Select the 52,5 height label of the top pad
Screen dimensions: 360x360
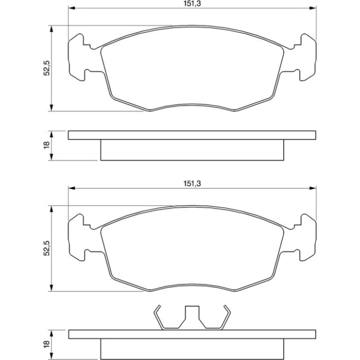pyautogui.click(x=47, y=68)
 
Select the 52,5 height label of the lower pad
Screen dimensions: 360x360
pyautogui.click(x=47, y=248)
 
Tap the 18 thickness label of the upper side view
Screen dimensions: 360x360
pyautogui.click(x=47, y=145)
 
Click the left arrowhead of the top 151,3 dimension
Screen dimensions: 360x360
pyautogui.click(x=72, y=8)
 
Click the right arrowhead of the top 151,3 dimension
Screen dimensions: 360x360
pyautogui.click(x=313, y=8)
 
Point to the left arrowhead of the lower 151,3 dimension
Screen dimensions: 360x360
pyautogui.click(x=72, y=188)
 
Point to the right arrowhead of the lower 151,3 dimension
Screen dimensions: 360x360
pyautogui.click(x=313, y=188)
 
